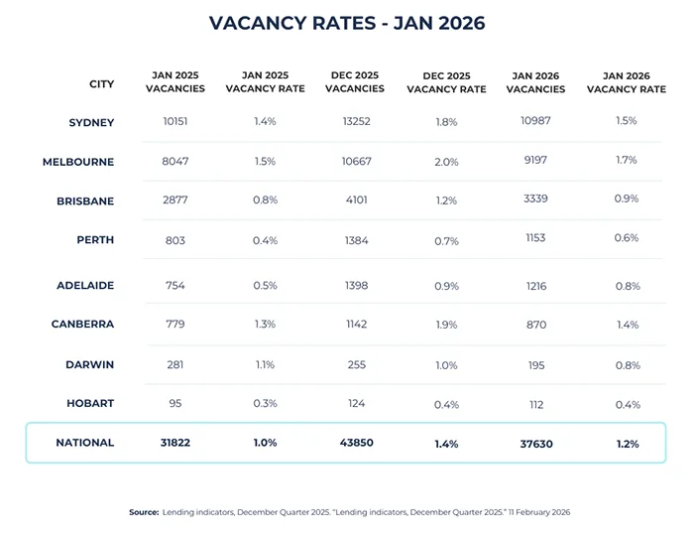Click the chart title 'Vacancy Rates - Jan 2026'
pos(347,22)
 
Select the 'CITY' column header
pos(101,84)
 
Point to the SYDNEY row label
pos(91,123)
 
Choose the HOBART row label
pos(91,404)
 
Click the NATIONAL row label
pos(85,443)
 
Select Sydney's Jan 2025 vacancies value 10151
pos(175,122)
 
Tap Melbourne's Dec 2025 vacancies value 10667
pos(355,161)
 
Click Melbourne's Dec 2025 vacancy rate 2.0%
pos(446,162)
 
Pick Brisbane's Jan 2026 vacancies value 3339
pos(535,199)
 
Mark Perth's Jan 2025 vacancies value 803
pos(175,239)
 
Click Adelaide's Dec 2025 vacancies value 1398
pos(355,286)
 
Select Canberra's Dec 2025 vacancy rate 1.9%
pos(446,326)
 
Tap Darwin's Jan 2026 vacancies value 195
pos(535,364)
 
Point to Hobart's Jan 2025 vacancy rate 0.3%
pos(265,403)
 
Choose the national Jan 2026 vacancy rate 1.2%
pos(625,444)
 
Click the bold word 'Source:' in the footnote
pos(144,512)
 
